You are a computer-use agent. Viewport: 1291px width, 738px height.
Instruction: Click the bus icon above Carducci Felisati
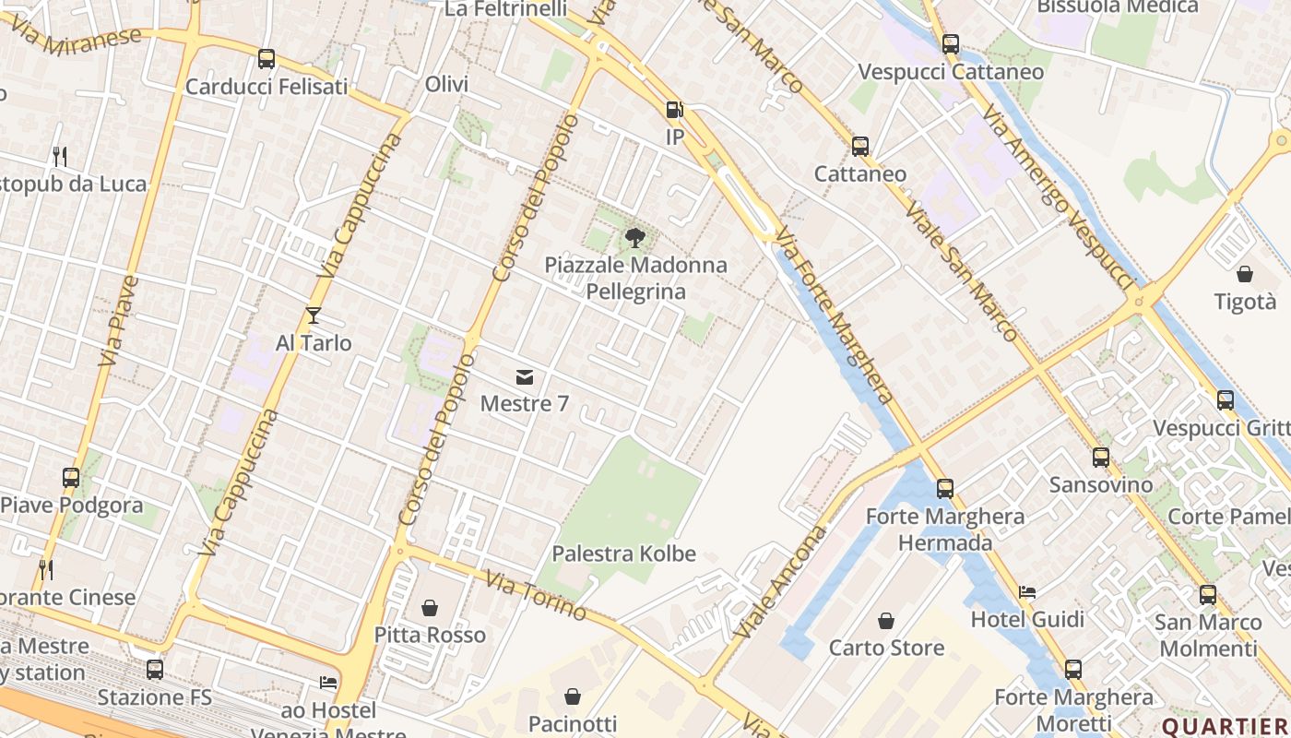pos(266,59)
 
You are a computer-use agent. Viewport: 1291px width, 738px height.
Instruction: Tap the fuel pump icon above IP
pos(675,110)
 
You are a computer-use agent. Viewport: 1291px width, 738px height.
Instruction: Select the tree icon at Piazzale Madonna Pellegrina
pos(634,238)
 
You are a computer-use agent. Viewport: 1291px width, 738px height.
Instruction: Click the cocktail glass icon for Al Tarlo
pos(314,315)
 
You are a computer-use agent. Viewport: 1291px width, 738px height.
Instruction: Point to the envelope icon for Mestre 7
pos(525,376)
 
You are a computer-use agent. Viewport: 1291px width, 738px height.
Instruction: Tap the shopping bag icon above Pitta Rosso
pos(430,608)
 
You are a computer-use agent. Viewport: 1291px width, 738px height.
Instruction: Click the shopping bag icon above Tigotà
pos(1245,274)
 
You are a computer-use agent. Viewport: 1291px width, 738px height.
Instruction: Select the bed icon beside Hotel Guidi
pos(1027,591)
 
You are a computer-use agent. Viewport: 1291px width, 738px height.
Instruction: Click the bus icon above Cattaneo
pos(860,146)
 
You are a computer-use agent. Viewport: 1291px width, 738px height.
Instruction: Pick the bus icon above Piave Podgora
pos(71,478)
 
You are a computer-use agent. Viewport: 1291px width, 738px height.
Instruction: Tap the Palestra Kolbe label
pos(623,554)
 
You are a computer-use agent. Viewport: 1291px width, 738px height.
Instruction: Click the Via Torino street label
pos(536,596)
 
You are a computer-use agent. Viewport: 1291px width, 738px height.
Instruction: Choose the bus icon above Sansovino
pos(1101,458)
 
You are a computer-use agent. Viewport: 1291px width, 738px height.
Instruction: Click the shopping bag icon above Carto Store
pos(886,621)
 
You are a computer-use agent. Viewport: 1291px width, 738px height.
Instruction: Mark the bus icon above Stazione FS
pos(155,670)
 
